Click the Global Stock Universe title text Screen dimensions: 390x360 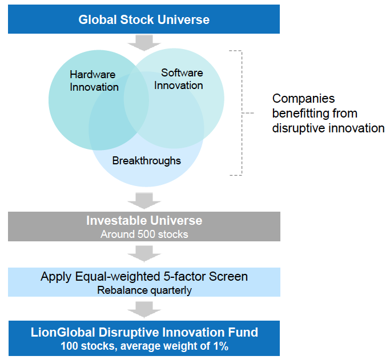click(144, 19)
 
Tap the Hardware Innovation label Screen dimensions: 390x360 click(94, 81)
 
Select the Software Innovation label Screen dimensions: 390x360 click(179, 79)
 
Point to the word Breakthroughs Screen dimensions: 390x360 click(147, 160)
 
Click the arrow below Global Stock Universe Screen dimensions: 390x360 click(144, 43)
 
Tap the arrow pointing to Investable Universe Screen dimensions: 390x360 click(144, 200)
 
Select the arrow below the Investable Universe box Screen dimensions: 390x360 click(144, 254)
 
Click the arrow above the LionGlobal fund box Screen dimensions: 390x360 click(144, 310)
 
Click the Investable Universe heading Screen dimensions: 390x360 click(144, 220)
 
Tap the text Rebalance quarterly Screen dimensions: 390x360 click(144, 290)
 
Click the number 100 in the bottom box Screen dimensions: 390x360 click(70, 346)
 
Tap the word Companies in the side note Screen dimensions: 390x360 click(303, 98)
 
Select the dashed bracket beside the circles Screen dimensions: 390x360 click(242, 113)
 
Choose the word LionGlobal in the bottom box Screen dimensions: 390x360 click(63, 333)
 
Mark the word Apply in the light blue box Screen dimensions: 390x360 click(56, 277)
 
